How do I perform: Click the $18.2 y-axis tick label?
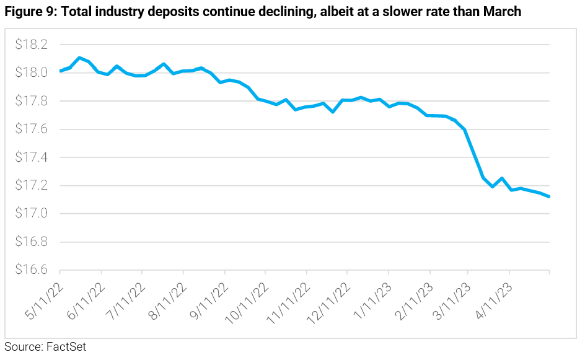[31, 45]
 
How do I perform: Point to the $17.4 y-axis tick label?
[31, 157]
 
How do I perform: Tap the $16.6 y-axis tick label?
[31, 270]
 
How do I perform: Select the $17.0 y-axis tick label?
[31, 214]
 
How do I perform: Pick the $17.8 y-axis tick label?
[31, 101]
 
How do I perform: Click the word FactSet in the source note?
[66, 347]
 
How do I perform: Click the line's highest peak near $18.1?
[79, 58]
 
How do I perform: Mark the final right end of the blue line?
[550, 197]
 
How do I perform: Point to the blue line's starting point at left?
[60, 71]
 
